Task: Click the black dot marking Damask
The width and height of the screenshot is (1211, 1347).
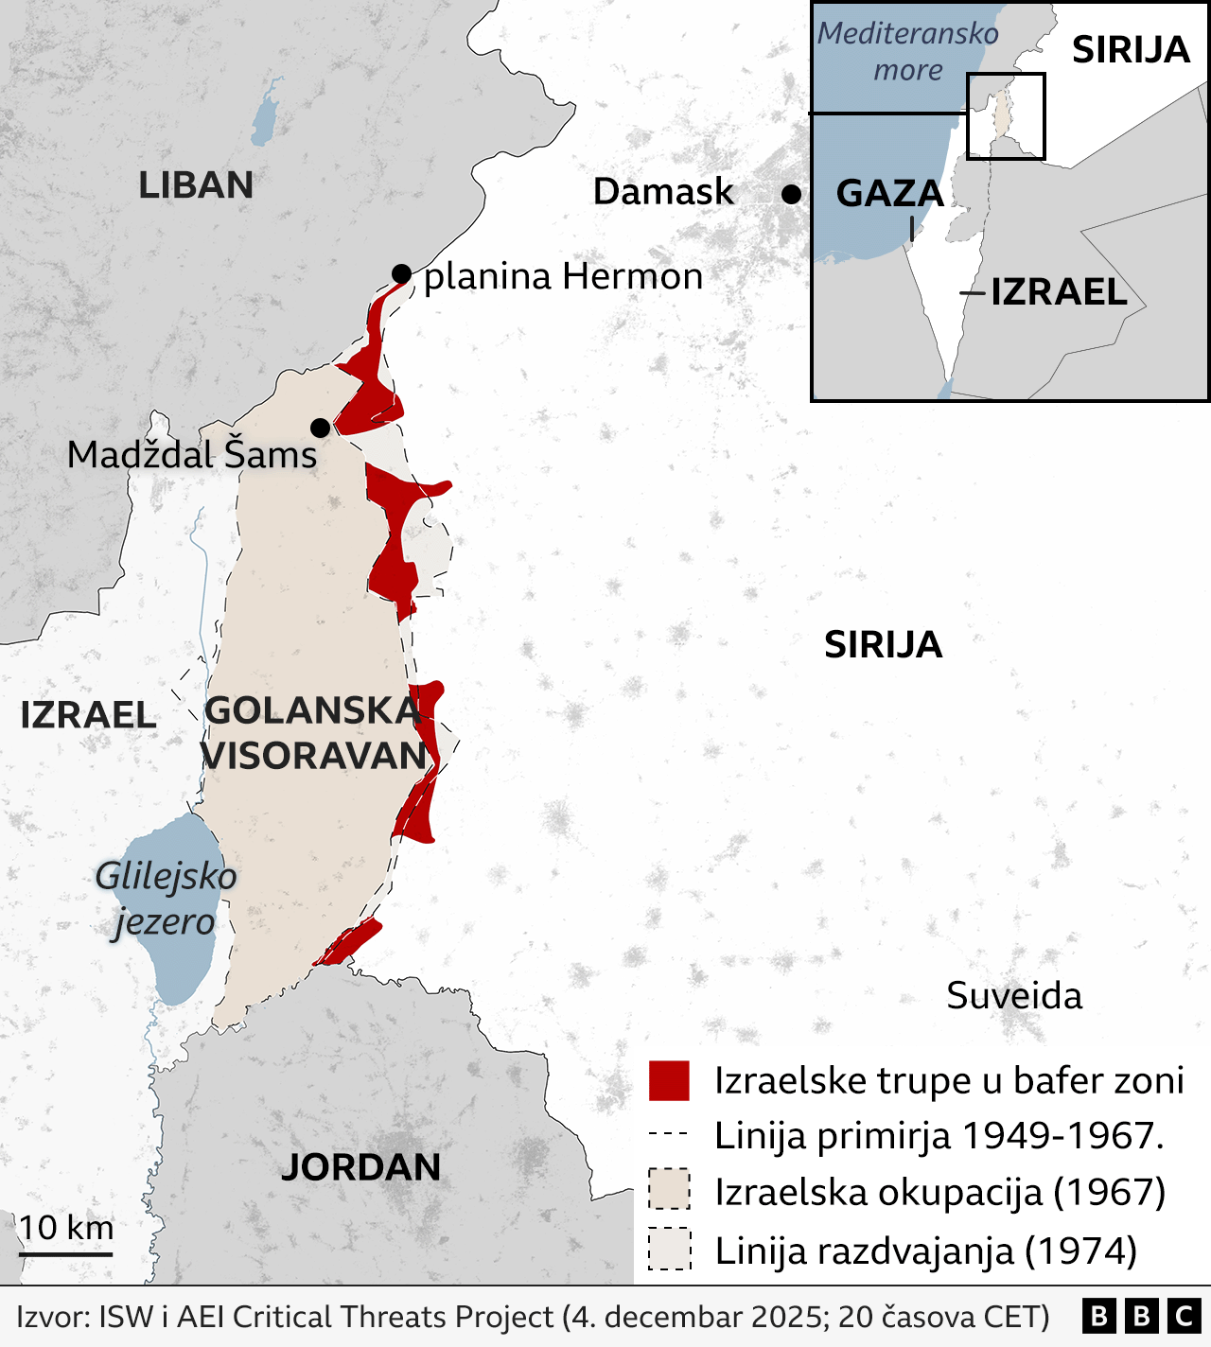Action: pos(791,194)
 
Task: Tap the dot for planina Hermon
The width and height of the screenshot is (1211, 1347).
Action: pos(401,274)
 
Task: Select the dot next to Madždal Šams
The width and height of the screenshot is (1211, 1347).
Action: pos(321,428)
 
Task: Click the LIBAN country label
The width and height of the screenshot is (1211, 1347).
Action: pos(196,185)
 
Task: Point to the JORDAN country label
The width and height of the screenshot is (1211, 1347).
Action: pos(360,1167)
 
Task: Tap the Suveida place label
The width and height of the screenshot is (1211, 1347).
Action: pos(1014,996)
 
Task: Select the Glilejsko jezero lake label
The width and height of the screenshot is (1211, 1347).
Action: pos(166,899)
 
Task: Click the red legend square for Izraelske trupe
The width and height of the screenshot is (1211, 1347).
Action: pos(669,1080)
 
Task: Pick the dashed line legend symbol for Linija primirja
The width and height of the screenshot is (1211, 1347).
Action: pos(669,1134)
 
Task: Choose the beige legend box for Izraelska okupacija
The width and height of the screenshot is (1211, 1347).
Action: pos(669,1190)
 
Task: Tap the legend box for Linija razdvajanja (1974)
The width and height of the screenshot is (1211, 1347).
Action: pos(669,1249)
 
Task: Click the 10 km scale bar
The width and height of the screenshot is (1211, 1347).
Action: pos(65,1253)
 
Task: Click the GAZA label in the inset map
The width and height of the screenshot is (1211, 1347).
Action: pos(889,194)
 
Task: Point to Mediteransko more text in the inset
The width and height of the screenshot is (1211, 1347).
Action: pos(907,52)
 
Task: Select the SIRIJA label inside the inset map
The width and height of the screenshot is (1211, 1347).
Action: pos(1130,50)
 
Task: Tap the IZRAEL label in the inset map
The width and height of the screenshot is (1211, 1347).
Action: pos(1059,292)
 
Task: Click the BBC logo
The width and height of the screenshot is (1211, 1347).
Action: pos(1142,1316)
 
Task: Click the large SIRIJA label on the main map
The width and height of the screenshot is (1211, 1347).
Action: pos(883,645)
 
